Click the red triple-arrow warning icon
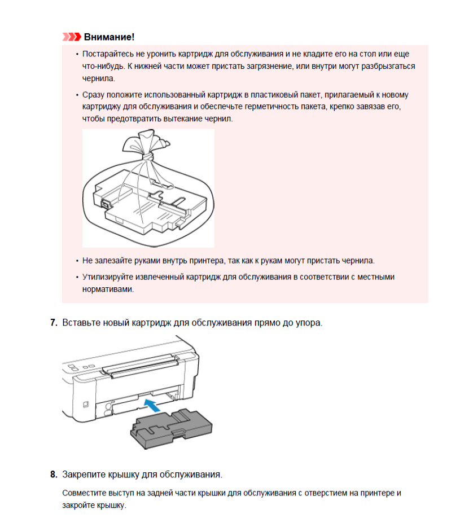click(72, 37)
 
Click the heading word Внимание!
click(109, 37)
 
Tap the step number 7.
click(54, 322)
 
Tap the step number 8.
click(54, 475)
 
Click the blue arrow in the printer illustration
click(152, 405)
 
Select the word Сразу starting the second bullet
click(93, 95)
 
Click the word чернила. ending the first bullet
click(98, 78)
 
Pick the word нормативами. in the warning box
click(108, 289)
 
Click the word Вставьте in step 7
click(82, 322)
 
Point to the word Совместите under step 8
click(84, 493)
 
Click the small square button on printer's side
click(86, 404)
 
